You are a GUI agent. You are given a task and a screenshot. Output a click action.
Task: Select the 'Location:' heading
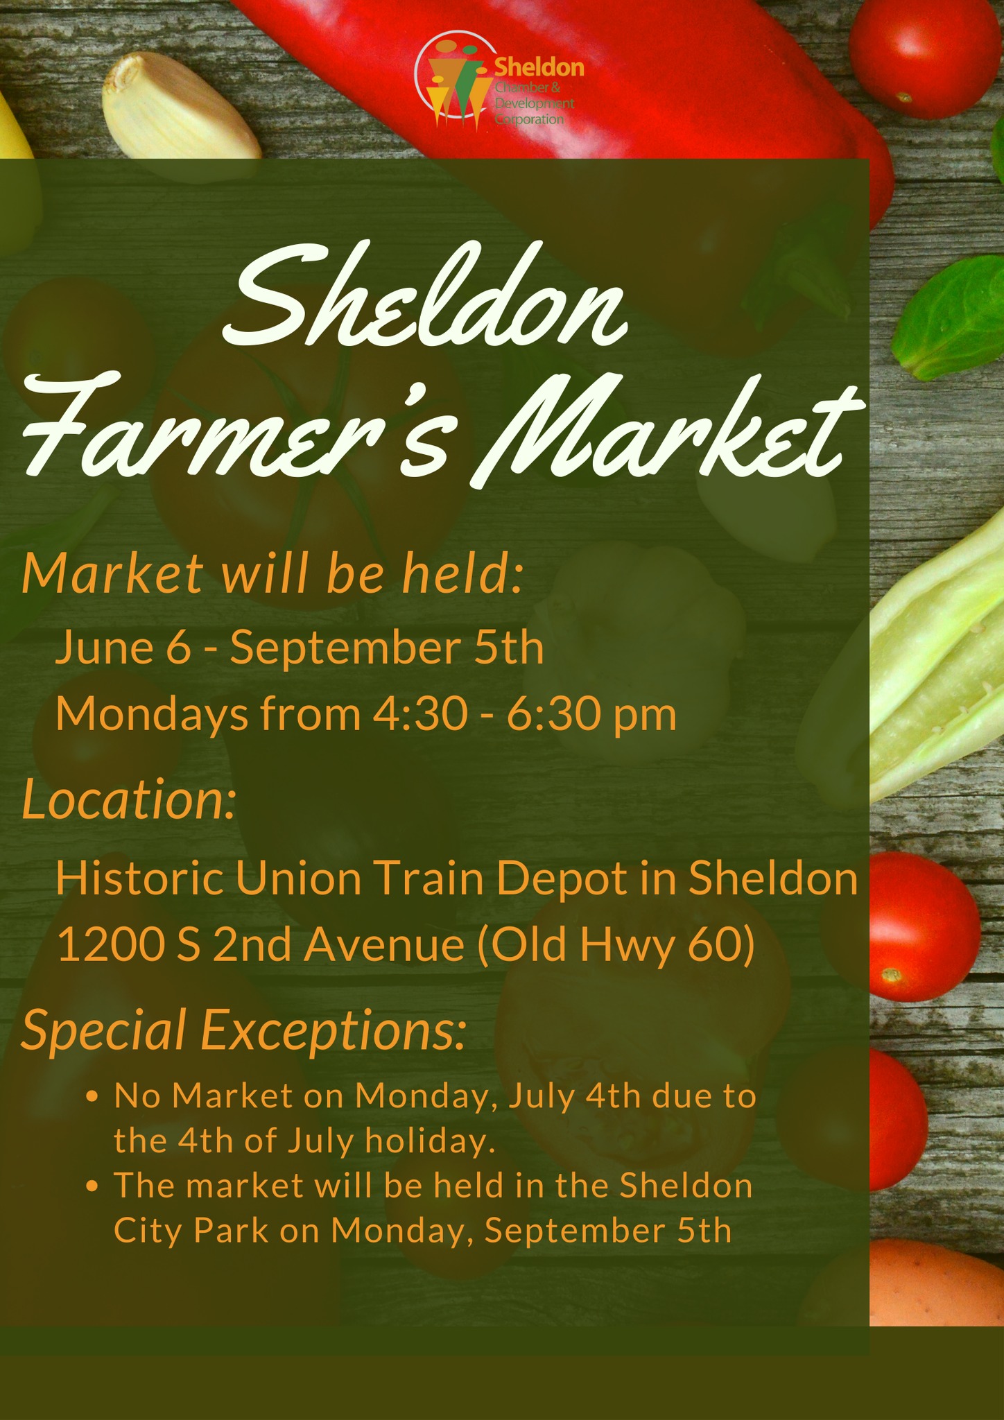(129, 799)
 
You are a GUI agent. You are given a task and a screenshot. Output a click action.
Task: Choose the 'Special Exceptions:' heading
(243, 1030)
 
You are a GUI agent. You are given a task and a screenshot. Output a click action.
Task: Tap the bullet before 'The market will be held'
(92, 1187)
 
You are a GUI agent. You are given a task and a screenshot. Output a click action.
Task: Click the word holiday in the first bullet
(430, 1141)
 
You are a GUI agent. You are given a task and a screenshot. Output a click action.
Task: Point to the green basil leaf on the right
(950, 319)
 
